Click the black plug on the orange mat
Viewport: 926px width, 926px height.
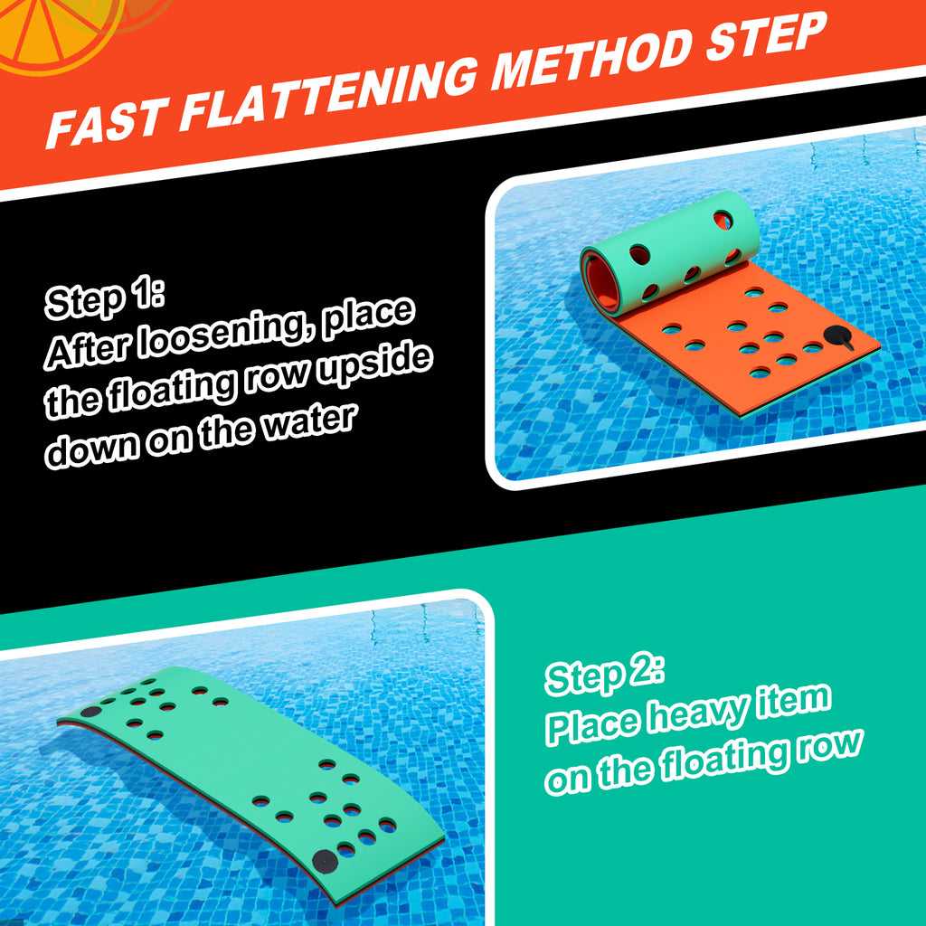click(839, 337)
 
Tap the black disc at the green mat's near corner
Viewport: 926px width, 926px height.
click(325, 862)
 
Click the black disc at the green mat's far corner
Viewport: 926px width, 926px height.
click(91, 712)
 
